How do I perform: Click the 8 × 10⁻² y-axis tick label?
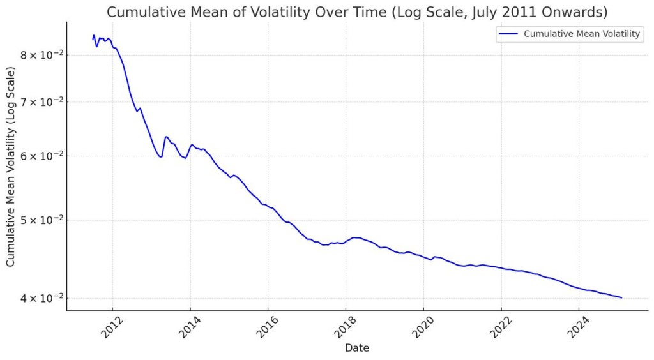(40, 55)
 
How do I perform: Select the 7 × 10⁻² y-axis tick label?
(40, 102)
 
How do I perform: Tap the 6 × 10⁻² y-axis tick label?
(40, 156)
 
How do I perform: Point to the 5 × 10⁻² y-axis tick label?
(40, 220)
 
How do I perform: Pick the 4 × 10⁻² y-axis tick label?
(40, 298)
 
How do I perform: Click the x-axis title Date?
(357, 349)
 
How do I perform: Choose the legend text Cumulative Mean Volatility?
(582, 34)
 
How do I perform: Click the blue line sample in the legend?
(508, 34)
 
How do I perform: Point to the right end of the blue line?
(621, 297)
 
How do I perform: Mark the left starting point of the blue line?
(93, 40)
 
